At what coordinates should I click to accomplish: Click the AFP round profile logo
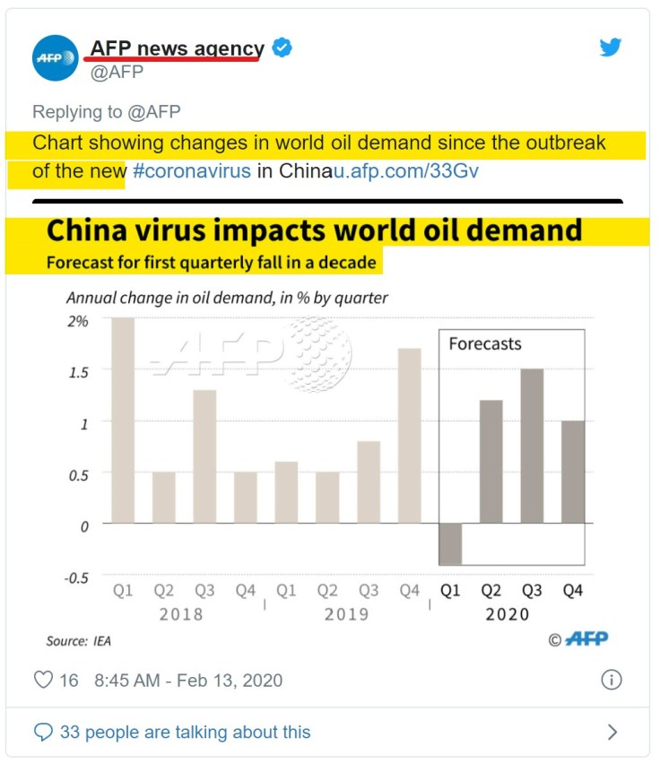tap(56, 58)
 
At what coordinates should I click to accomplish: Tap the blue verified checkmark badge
tap(282, 48)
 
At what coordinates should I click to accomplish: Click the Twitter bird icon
tap(611, 48)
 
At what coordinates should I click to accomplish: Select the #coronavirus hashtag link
tap(192, 170)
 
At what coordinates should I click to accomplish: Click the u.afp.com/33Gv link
tap(405, 170)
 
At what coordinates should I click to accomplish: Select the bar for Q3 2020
tap(532, 446)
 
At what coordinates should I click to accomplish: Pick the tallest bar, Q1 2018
tap(123, 420)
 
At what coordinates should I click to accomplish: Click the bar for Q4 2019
tap(409, 435)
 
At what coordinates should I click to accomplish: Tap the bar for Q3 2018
tap(204, 456)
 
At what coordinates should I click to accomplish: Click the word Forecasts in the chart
tap(484, 343)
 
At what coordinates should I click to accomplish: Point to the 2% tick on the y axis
tap(78, 320)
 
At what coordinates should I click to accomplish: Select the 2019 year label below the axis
tap(346, 614)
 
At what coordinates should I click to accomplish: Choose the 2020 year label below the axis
tap(507, 614)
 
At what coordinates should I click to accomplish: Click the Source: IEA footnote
tap(79, 641)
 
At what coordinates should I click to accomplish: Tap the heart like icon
tap(43, 680)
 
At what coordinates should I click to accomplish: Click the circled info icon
tap(611, 679)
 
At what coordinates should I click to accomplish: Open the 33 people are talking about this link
tap(185, 733)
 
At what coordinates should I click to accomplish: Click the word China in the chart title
tap(89, 230)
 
